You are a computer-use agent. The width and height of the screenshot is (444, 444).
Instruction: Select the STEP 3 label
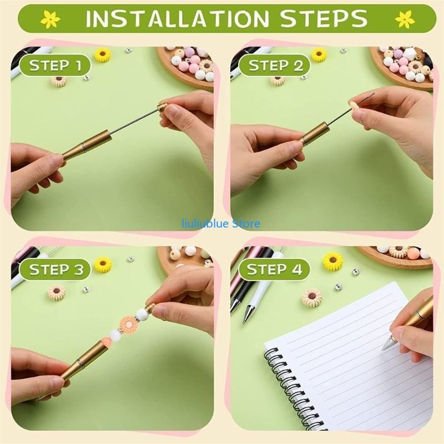(55, 270)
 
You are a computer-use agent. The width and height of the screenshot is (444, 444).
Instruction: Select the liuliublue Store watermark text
(221, 224)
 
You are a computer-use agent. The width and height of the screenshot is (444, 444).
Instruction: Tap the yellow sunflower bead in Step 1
(102, 54)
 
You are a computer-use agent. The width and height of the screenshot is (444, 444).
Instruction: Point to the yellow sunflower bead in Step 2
(319, 54)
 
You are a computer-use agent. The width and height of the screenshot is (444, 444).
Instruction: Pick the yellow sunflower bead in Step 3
(103, 264)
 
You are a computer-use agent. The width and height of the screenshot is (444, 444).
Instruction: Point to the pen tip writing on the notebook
(386, 344)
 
